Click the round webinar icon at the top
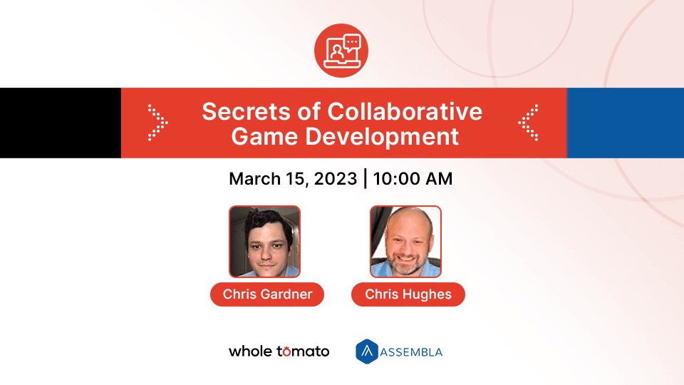pos(341,51)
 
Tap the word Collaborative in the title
pos(405,112)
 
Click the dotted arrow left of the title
pos(157,123)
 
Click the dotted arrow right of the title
pos(528,123)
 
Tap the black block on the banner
pos(60,123)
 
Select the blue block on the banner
pos(625,123)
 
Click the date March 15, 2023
pos(293,178)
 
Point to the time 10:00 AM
pos(413,178)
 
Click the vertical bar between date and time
pos(366,178)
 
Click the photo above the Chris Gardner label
pos(264,242)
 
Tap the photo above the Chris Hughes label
pos(405,242)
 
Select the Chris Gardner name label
pos(267,294)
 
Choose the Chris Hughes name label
pos(408,294)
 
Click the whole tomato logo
pos(279,351)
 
